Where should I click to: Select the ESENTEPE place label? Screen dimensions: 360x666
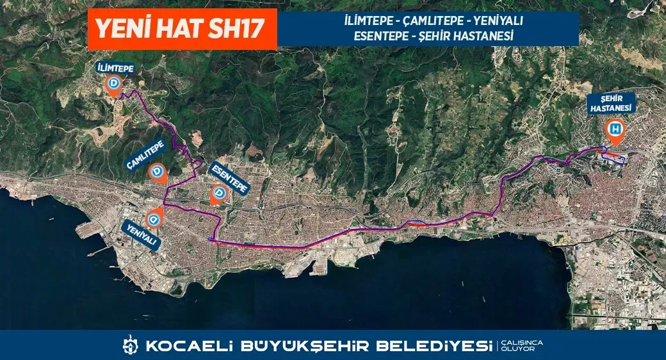click(x=229, y=177)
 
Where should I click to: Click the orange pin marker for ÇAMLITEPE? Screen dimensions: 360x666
click(x=158, y=173)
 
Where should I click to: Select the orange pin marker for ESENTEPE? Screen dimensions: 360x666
click(x=219, y=194)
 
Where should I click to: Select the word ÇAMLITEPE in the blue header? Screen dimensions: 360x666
click(x=434, y=21)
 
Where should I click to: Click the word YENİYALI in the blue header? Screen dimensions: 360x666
click(x=499, y=21)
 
